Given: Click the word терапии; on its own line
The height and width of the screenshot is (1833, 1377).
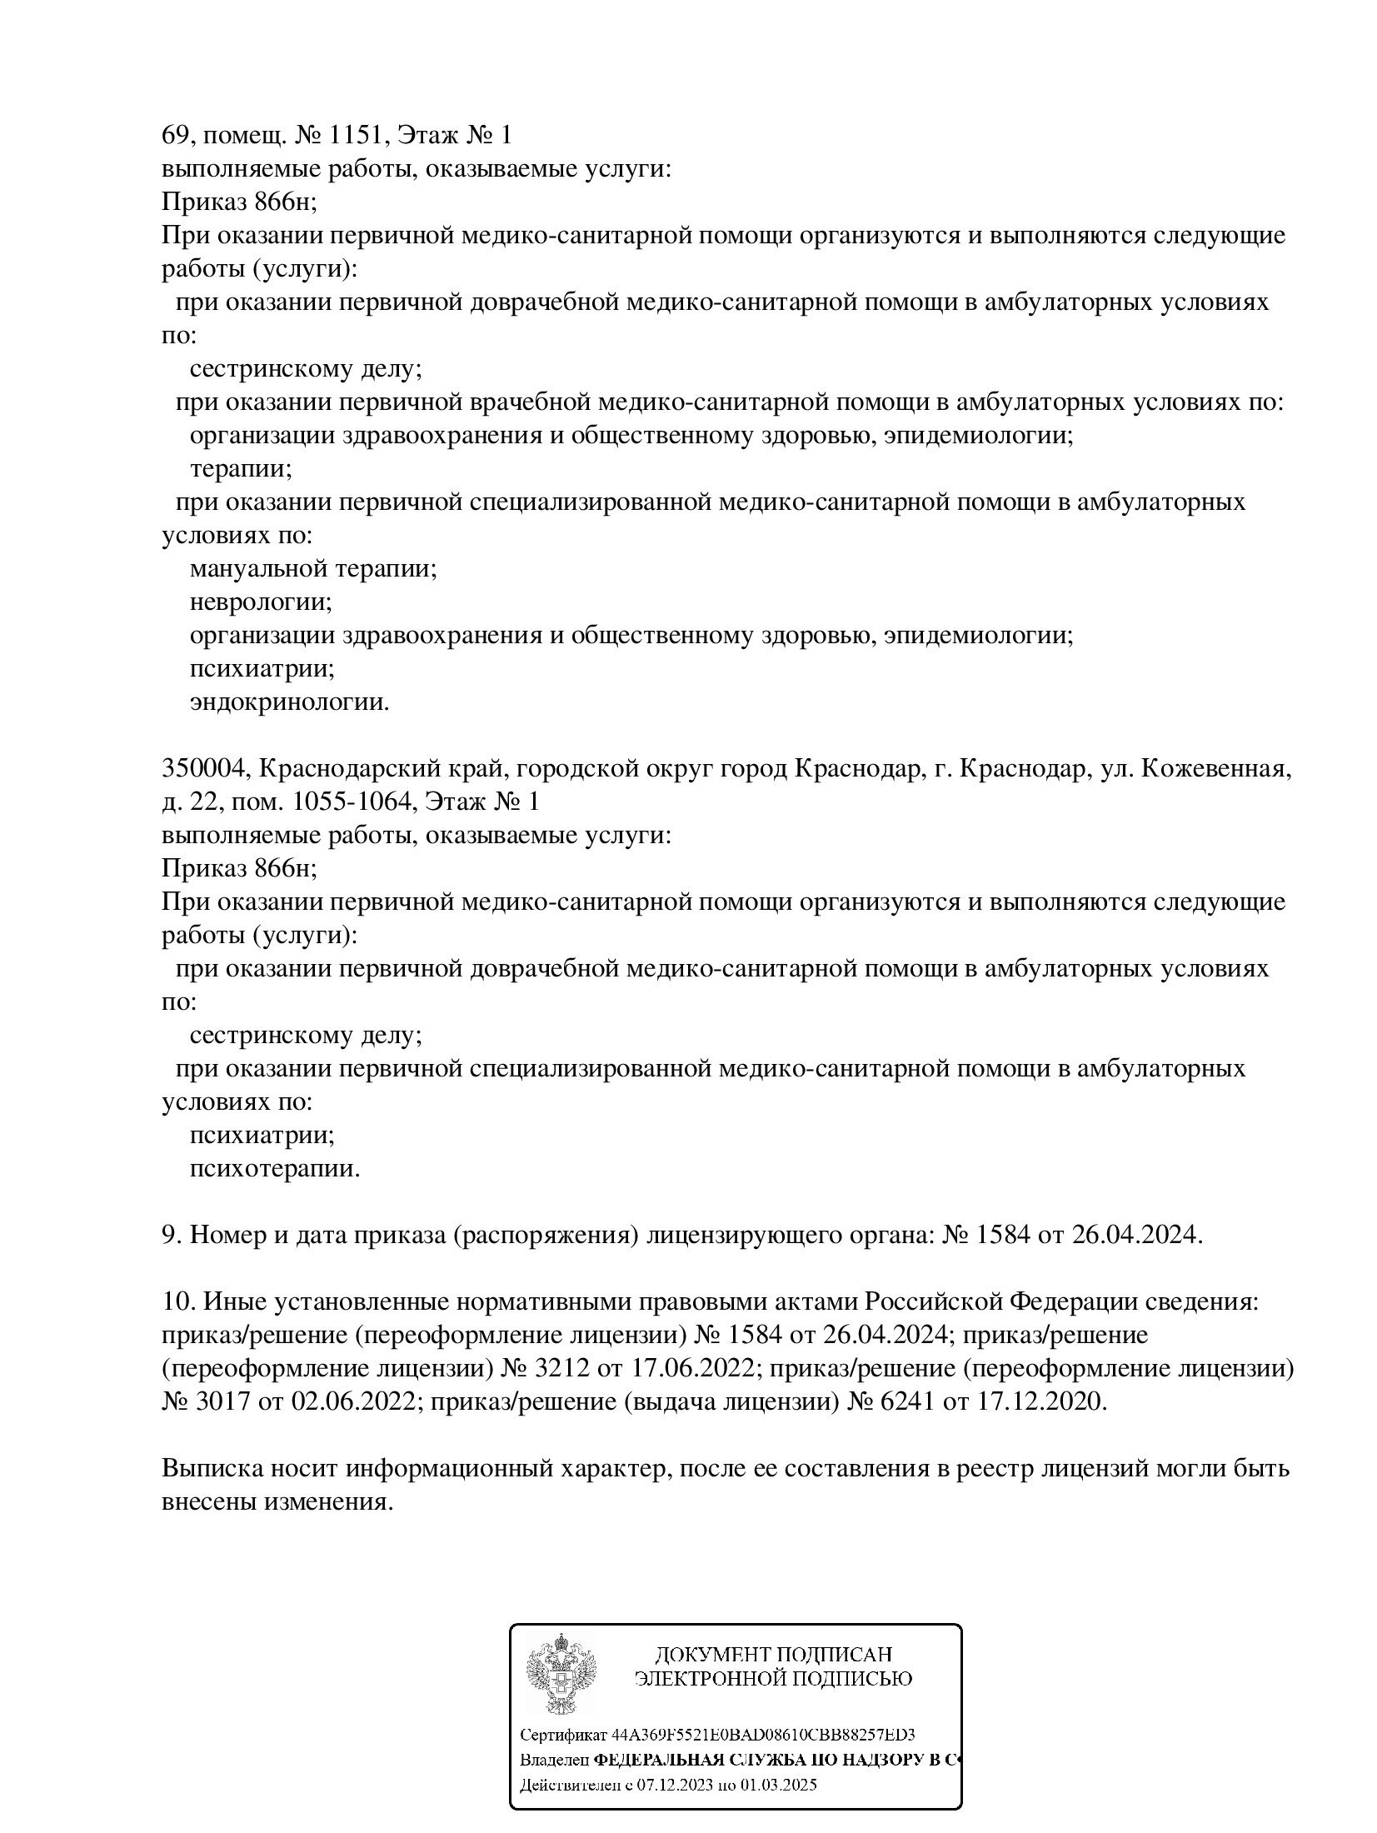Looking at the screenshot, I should point(241,469).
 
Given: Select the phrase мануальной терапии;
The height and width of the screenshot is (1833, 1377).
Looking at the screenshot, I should point(314,569).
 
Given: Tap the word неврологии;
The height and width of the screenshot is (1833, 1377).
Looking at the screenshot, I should point(261,602).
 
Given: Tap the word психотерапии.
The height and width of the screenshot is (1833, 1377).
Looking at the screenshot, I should point(275,1169).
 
